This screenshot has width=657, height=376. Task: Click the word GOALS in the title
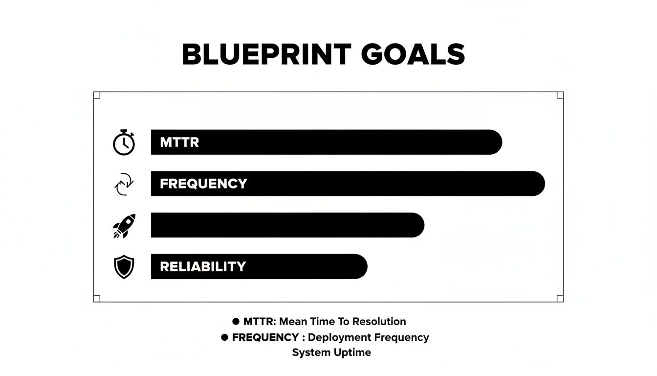413,54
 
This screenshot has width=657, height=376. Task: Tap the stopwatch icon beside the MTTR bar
124,143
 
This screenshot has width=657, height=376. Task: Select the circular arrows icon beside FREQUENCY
124,184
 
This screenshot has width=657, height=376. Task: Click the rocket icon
124,226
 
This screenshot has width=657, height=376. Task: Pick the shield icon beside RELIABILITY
124,267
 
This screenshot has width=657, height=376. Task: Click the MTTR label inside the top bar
179,142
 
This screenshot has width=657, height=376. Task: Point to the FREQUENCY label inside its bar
203,184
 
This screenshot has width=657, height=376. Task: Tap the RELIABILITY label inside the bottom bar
203,267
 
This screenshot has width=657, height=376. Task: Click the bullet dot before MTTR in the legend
236,322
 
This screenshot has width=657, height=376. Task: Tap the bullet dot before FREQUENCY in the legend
225,337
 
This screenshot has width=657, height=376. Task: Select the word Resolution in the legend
379,322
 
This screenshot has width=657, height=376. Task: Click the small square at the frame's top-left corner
97,95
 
